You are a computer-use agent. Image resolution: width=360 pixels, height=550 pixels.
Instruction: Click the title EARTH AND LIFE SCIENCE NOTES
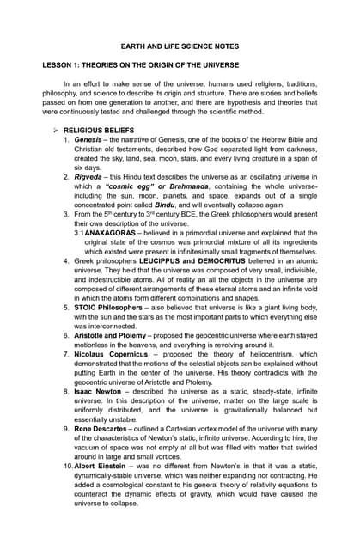pos(179,46)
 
